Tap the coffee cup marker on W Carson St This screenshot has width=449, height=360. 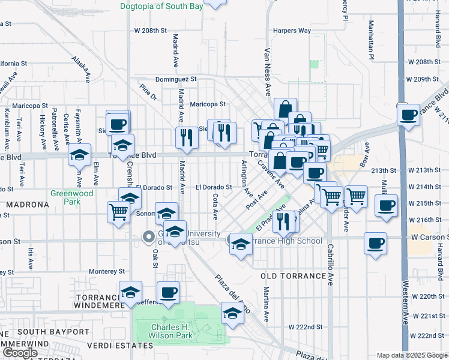click(376, 244)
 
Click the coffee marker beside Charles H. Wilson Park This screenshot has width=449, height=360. click(168, 292)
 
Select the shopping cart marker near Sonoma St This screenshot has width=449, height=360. click(118, 211)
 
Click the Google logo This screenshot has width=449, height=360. click(20, 353)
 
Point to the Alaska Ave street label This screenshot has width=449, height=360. click(81, 68)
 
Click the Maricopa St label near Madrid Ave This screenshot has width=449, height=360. click(207, 104)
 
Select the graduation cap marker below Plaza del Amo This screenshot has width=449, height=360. click(232, 313)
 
